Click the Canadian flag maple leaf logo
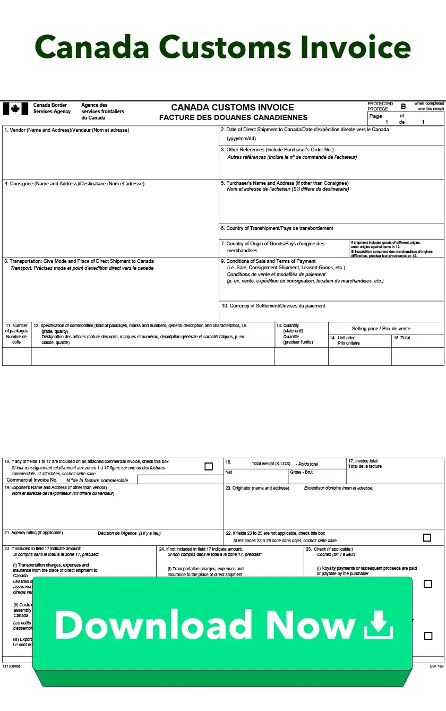tap(15, 109)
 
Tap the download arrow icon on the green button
tap(379, 624)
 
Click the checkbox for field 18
tap(209, 467)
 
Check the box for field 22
tap(427, 537)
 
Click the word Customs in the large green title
tap(225, 47)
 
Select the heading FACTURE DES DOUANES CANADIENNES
tap(233, 117)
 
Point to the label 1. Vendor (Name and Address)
tap(66, 130)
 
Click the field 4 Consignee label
tap(74, 184)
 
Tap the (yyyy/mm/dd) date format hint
tap(241, 139)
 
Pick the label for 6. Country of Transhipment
tap(277, 228)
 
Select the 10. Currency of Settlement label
tap(273, 306)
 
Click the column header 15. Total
tap(401, 338)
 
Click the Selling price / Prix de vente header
tap(381, 329)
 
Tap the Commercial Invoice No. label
tap(32, 480)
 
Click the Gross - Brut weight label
tap(301, 472)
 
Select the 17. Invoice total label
tap(363, 461)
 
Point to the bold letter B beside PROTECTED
tap(403, 106)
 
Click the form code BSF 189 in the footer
tap(436, 666)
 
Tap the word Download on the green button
tap(153, 624)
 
